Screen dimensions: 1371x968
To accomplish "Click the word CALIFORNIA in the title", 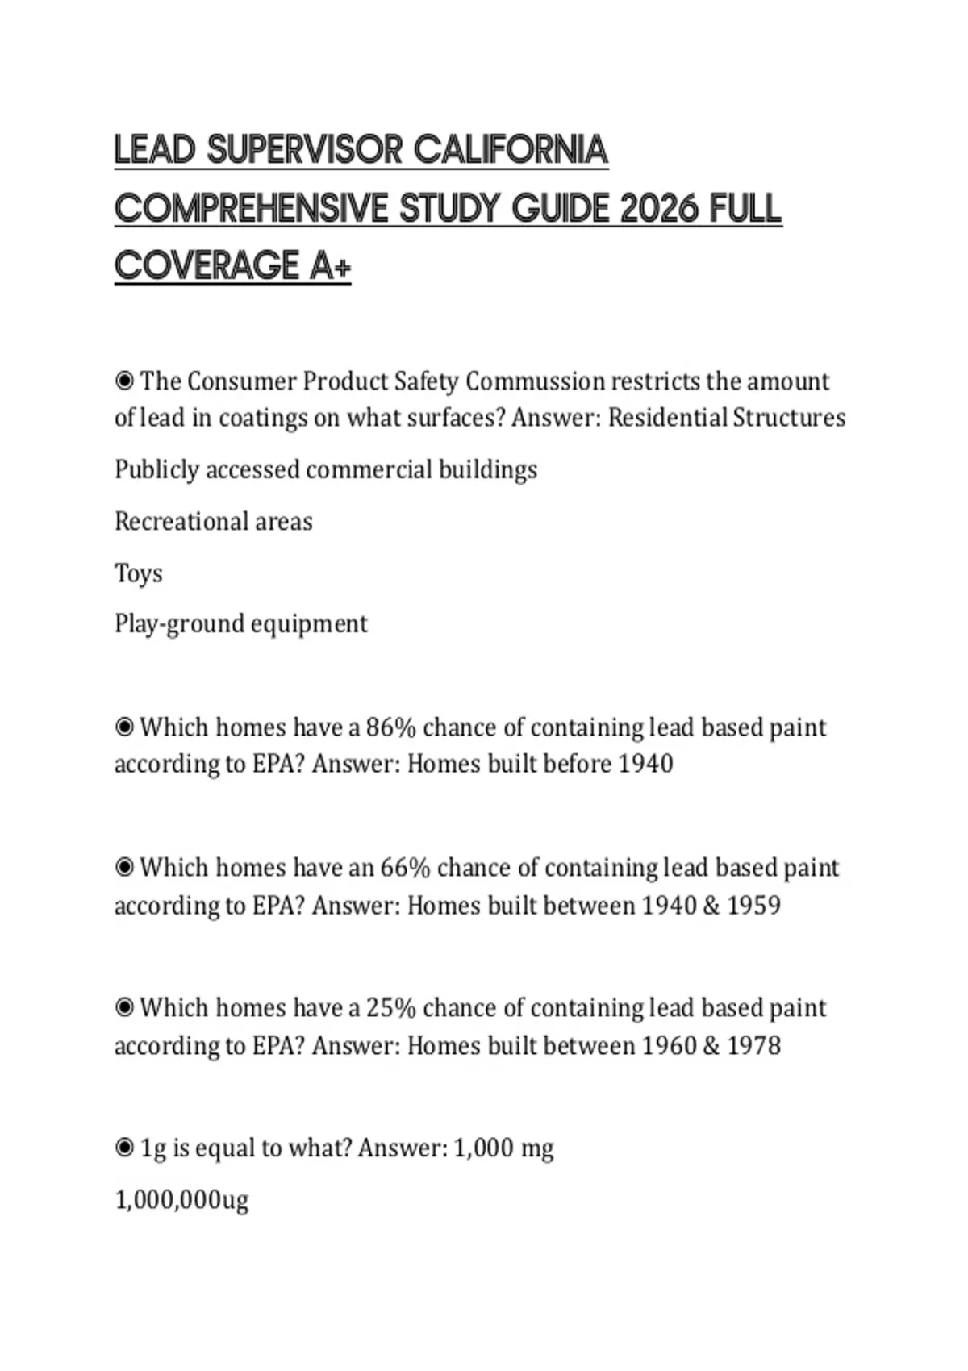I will pyautogui.click(x=511, y=150).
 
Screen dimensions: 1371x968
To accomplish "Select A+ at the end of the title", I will pyautogui.click(x=329, y=265).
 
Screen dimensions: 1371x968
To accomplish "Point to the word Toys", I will pyautogui.click(x=139, y=573).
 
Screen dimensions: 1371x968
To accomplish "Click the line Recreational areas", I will pyautogui.click(x=214, y=522).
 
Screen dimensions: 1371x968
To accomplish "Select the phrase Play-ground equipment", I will pyautogui.click(x=241, y=623).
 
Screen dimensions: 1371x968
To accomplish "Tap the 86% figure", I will pyautogui.click(x=391, y=727).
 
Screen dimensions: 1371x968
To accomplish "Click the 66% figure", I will pyautogui.click(x=405, y=868).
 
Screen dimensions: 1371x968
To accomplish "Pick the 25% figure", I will pyautogui.click(x=391, y=1008).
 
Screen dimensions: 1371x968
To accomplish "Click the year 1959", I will pyautogui.click(x=753, y=906).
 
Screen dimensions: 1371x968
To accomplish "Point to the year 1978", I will pyautogui.click(x=753, y=1046).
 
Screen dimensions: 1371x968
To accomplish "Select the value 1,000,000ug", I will pyautogui.click(x=181, y=1200).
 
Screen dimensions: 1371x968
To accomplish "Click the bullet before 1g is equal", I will pyautogui.click(x=124, y=1148).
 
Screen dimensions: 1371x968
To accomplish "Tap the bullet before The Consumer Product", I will pyautogui.click(x=124, y=381).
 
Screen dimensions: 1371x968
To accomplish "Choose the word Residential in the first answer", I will pyautogui.click(x=667, y=418).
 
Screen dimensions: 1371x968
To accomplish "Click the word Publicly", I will pyautogui.click(x=157, y=470).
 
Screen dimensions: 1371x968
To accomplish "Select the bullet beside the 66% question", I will pyautogui.click(x=124, y=868).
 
